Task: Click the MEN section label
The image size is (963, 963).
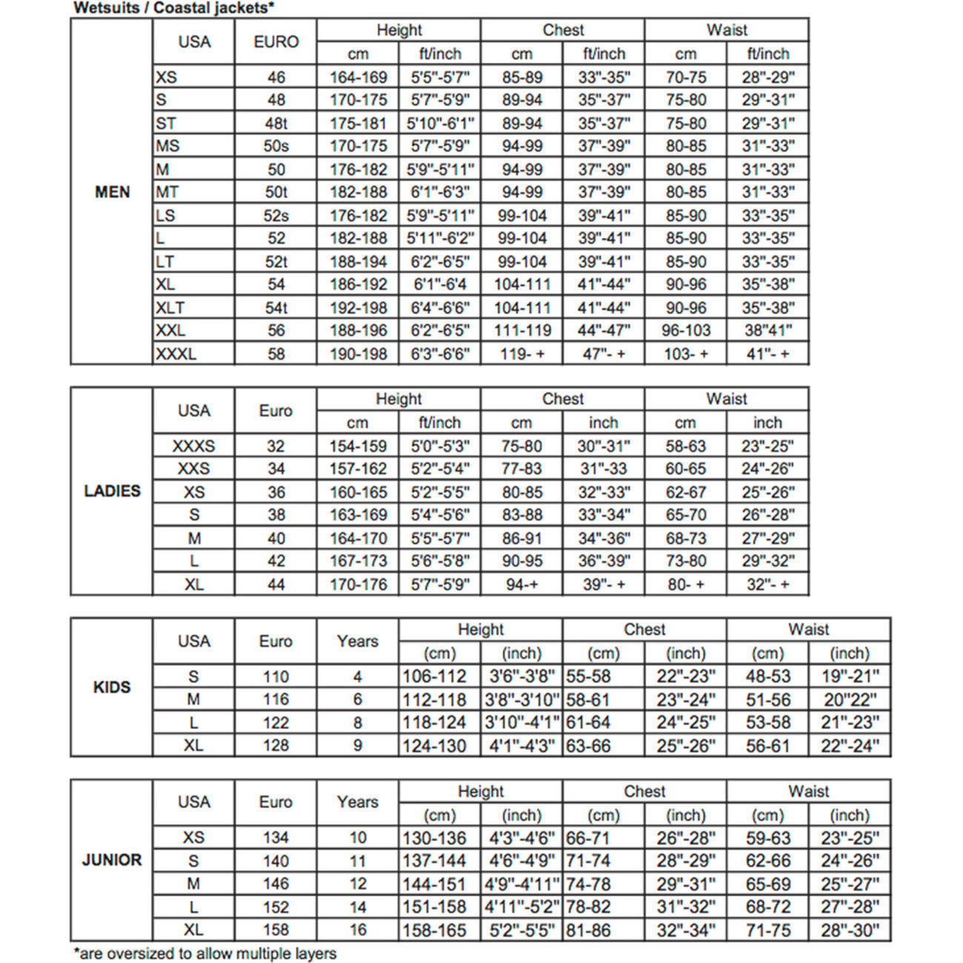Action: click(x=112, y=193)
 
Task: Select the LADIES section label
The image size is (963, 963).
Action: click(x=112, y=491)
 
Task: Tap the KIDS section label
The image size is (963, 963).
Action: click(x=112, y=687)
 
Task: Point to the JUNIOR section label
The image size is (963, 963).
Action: click(x=112, y=861)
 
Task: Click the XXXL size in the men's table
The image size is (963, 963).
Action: click(x=176, y=354)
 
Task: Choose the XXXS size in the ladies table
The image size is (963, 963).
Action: click(x=193, y=446)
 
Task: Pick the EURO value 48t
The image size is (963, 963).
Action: click(x=276, y=123)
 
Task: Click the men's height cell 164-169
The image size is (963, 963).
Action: click(x=358, y=77)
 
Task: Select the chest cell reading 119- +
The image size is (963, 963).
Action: click(x=522, y=354)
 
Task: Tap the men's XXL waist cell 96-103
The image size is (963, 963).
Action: click(x=685, y=330)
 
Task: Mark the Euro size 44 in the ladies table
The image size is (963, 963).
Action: click(x=276, y=584)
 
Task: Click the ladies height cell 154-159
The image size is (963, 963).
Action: click(x=358, y=446)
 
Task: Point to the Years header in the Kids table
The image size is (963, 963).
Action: click(x=357, y=642)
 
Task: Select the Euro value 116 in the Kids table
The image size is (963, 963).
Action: click(x=276, y=699)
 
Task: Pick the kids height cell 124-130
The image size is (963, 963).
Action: click(x=434, y=746)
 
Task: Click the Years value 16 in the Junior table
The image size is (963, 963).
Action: click(x=357, y=930)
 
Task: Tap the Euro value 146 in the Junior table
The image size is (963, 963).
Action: click(x=276, y=884)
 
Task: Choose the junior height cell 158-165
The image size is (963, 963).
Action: click(x=434, y=930)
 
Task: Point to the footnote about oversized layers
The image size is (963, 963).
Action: click(x=205, y=953)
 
